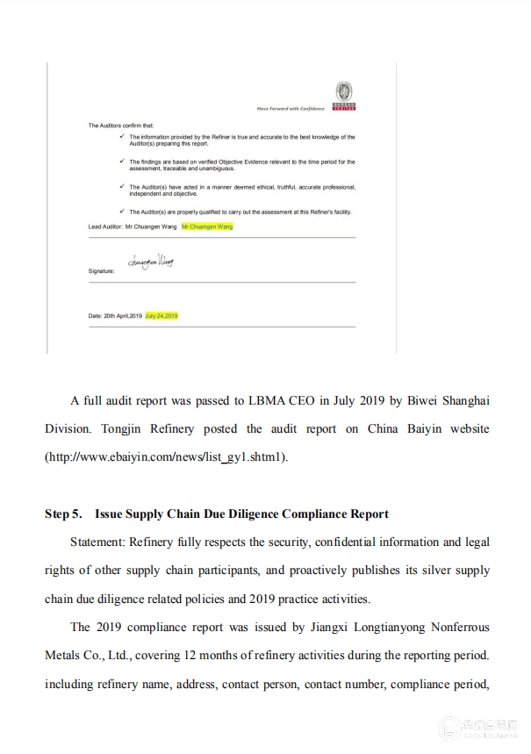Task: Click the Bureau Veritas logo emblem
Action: pyautogui.click(x=345, y=92)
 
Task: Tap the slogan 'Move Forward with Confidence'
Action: pyautogui.click(x=291, y=109)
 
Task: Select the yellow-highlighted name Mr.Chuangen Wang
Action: pyautogui.click(x=207, y=226)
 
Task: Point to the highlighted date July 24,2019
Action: pyautogui.click(x=161, y=315)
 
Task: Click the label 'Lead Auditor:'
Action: pyautogui.click(x=104, y=226)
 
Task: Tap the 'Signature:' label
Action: pyautogui.click(x=101, y=272)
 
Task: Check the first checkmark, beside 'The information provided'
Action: pyautogui.click(x=121, y=137)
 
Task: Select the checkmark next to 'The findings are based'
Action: pyautogui.click(x=121, y=162)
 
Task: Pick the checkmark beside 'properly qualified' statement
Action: pyautogui.click(x=121, y=212)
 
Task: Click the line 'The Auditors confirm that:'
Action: pyautogui.click(x=120, y=126)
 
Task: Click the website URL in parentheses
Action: pyautogui.click(x=167, y=457)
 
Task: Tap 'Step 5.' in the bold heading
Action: pyautogui.click(x=63, y=513)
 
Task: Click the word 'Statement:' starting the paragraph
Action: pyautogui.click(x=97, y=542)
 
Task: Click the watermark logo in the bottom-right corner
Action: pyautogui.click(x=449, y=728)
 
